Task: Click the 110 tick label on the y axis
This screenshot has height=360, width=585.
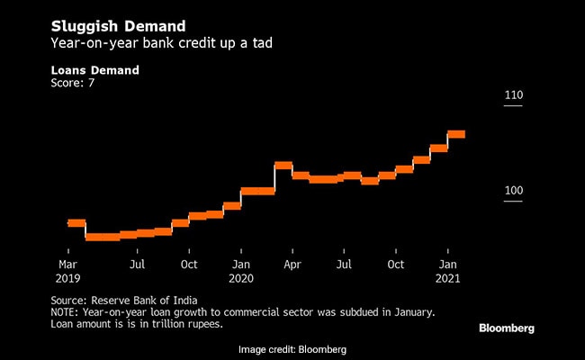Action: pyautogui.click(x=513, y=95)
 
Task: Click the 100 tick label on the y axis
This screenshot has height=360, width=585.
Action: pyautogui.click(x=513, y=191)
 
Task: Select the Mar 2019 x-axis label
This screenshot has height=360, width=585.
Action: pyautogui.click(x=68, y=271)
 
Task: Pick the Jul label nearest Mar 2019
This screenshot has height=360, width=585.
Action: pyautogui.click(x=138, y=265)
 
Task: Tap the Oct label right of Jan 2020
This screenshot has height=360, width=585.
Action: pyautogui.click(x=395, y=265)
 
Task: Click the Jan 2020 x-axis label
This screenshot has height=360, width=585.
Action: pyautogui.click(x=240, y=271)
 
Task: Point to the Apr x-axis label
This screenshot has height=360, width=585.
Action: pyautogui.click(x=292, y=265)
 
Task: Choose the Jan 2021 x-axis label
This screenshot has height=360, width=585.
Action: pyautogui.click(x=447, y=271)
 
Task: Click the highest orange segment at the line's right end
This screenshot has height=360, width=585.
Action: pyautogui.click(x=456, y=134)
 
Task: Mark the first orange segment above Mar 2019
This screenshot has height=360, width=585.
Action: pyautogui.click(x=76, y=222)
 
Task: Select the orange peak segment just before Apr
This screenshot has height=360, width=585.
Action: pyautogui.click(x=283, y=165)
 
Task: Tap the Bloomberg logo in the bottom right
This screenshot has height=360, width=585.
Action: pyautogui.click(x=506, y=328)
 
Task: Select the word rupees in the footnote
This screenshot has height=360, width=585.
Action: pyautogui.click(x=202, y=323)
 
